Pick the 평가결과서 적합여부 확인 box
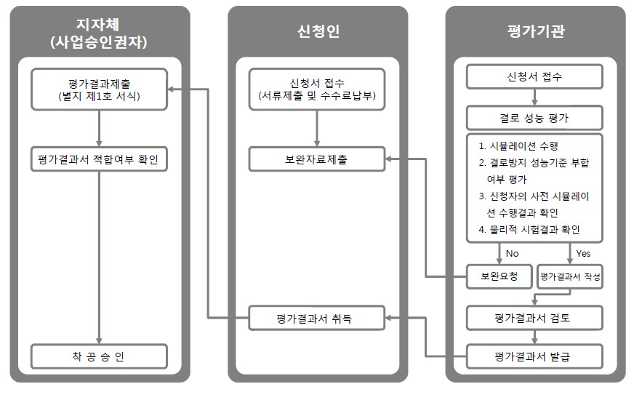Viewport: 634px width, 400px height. coord(99,159)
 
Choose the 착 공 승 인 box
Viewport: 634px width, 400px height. coord(99,356)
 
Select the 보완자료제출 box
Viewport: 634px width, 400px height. coord(317,159)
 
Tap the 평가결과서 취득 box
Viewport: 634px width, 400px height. coord(317,318)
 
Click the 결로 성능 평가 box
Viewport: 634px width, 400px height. coord(534,118)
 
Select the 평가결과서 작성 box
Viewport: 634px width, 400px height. coord(570,277)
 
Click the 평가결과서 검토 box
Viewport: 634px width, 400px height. coord(534,317)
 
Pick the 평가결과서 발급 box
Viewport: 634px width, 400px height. coord(534,356)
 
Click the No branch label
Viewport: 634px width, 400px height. coord(512,253)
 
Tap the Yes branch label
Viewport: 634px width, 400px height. coord(583,253)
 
